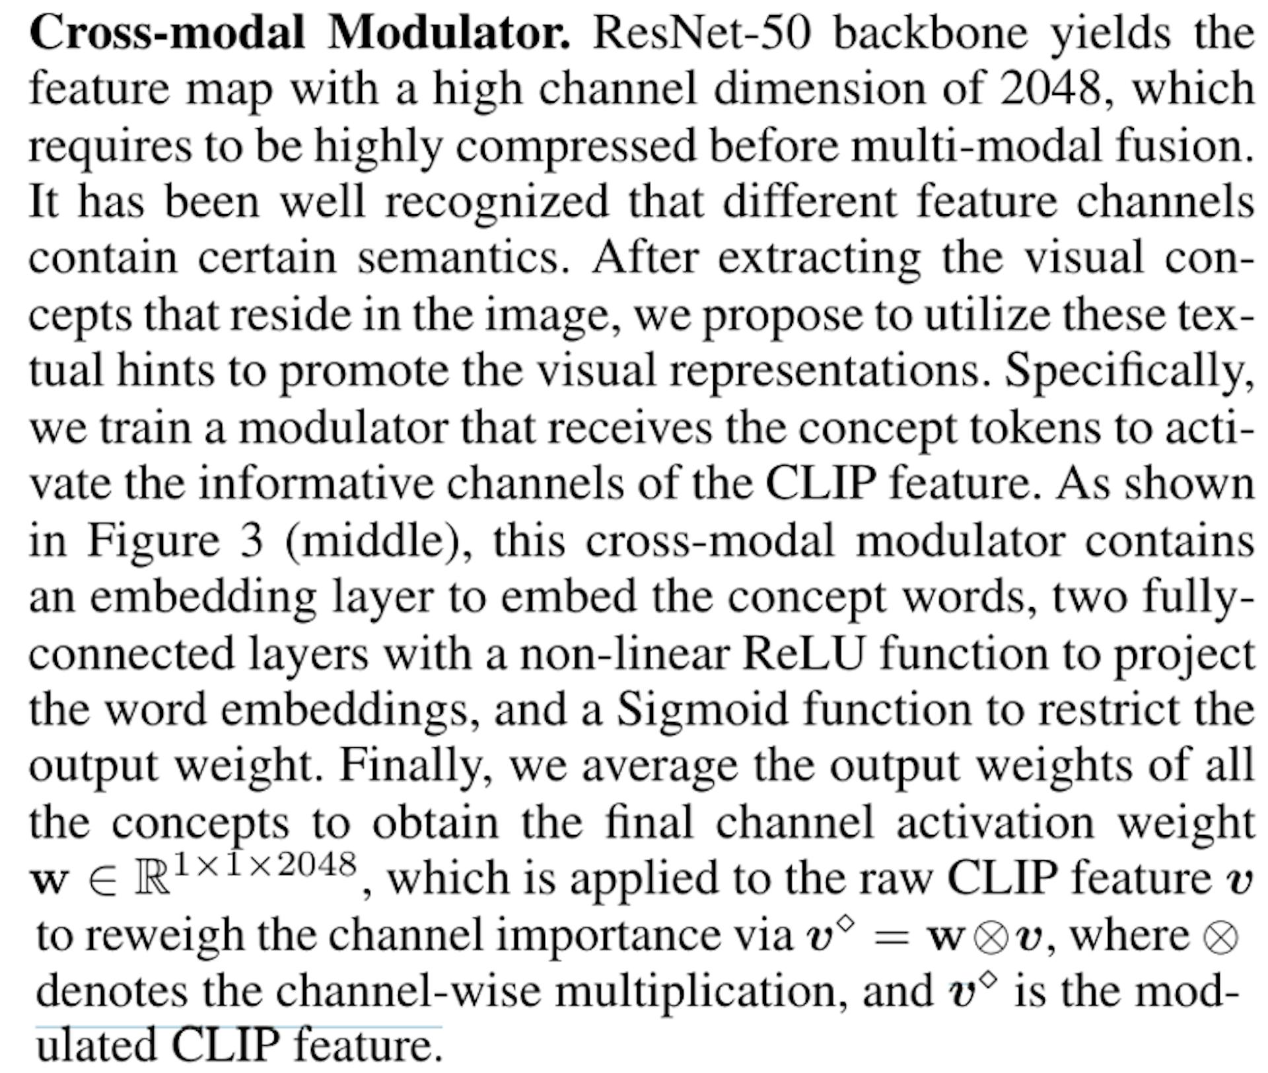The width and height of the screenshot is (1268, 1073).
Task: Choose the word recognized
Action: point(497,202)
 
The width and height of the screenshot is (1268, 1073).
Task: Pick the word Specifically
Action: point(1129,371)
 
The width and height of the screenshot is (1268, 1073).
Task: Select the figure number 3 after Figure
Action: point(251,540)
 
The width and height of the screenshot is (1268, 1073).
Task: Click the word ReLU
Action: point(802,654)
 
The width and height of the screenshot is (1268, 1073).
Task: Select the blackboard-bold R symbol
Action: point(152,879)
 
